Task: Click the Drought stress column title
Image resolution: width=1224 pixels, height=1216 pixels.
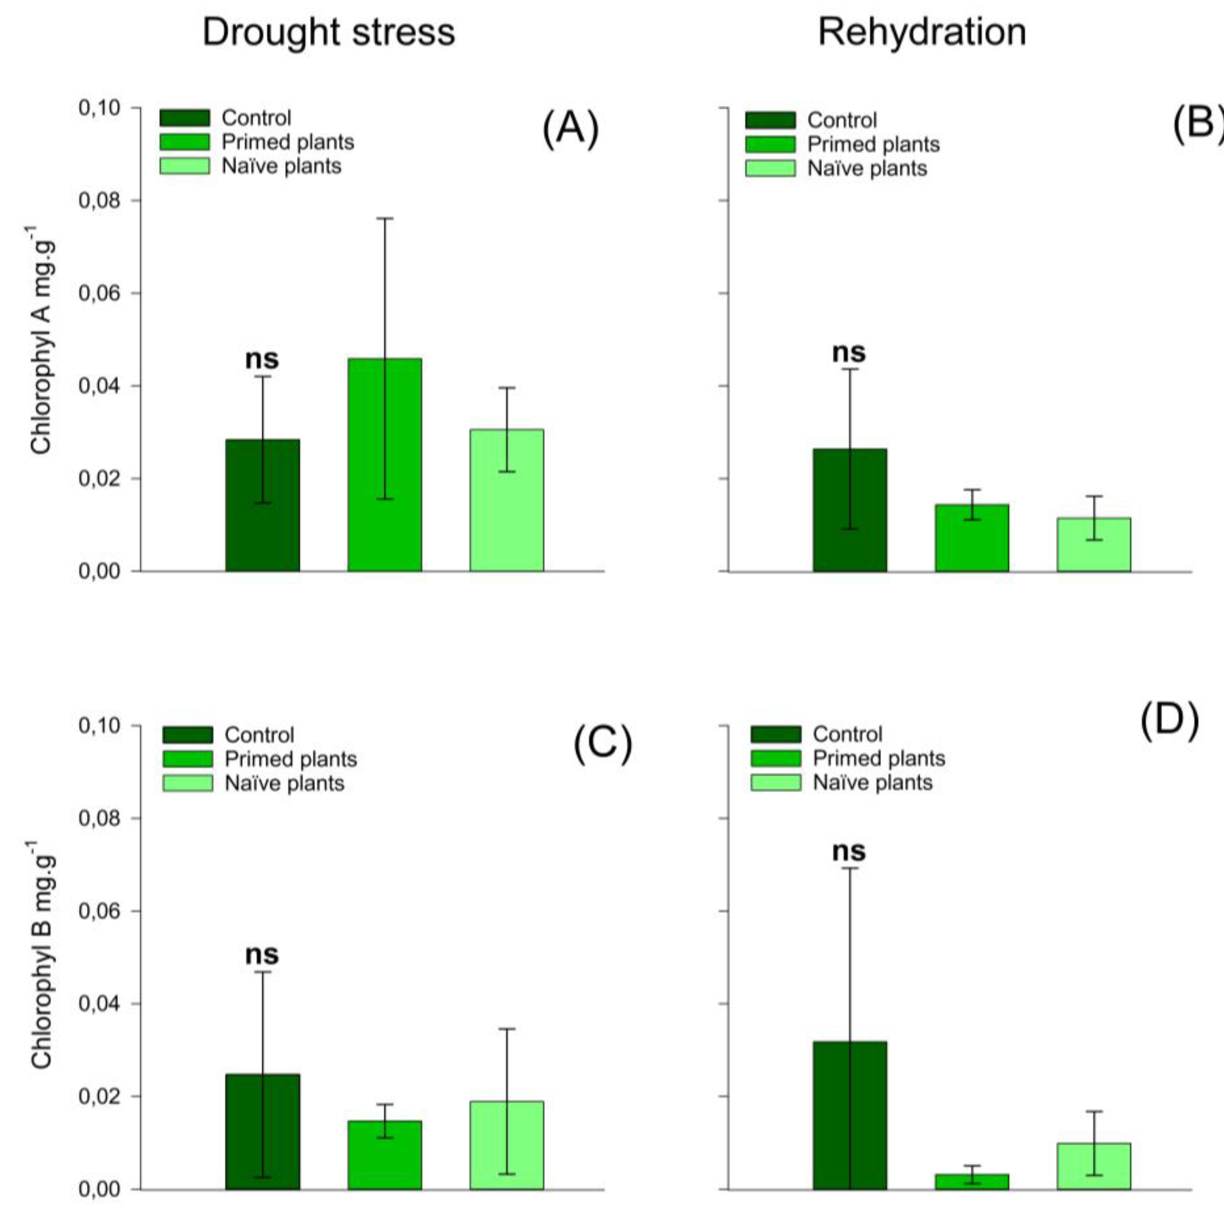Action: (x=328, y=31)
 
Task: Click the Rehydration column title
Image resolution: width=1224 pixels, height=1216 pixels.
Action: (x=922, y=31)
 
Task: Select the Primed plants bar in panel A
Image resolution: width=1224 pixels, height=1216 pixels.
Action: (x=384, y=466)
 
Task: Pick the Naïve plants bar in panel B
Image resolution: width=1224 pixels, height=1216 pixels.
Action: (x=1094, y=545)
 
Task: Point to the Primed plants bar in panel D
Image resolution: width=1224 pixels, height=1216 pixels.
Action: (x=971, y=1182)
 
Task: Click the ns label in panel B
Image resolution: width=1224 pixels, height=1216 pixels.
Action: (x=848, y=352)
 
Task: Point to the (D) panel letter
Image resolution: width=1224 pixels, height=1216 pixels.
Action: (x=1169, y=722)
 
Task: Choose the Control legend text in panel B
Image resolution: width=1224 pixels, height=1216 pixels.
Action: (x=842, y=120)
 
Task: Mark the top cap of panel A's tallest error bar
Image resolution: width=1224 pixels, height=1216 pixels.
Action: (x=384, y=218)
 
